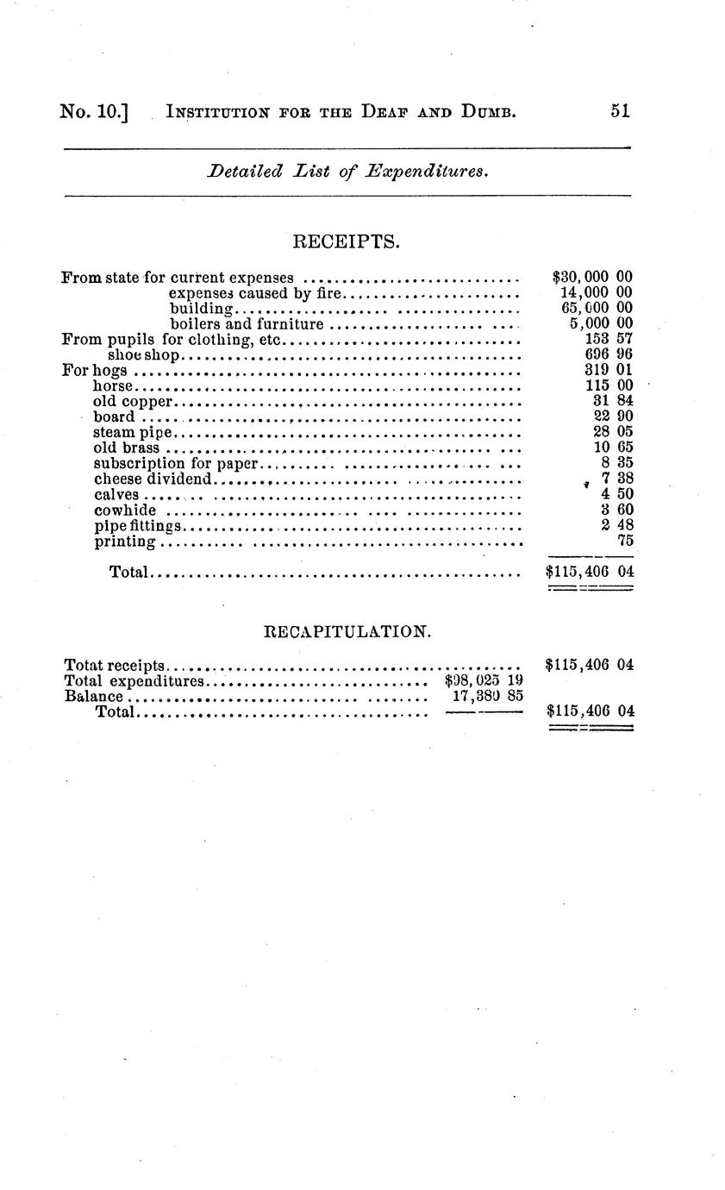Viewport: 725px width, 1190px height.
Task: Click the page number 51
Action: [x=620, y=110]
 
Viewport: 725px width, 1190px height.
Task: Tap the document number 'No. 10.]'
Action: [x=94, y=111]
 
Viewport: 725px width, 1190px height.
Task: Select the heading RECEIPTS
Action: [x=347, y=241]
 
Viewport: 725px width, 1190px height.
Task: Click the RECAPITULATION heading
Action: [x=346, y=631]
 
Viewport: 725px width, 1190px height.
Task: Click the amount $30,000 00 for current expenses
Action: [x=592, y=278]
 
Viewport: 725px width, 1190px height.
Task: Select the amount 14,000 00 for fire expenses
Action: [x=596, y=293]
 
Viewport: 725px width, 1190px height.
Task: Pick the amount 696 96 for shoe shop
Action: [x=609, y=355]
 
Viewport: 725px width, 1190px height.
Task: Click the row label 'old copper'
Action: [x=134, y=402]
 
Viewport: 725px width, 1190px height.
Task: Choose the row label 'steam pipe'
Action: [x=133, y=433]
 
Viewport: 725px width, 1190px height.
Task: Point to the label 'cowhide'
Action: [x=125, y=510]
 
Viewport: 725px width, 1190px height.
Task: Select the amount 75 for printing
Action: [x=625, y=542]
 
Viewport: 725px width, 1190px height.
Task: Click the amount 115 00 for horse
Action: [x=609, y=386]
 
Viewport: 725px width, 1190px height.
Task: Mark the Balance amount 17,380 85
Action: [x=487, y=696]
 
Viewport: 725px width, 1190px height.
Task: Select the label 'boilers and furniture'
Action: [x=247, y=324]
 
